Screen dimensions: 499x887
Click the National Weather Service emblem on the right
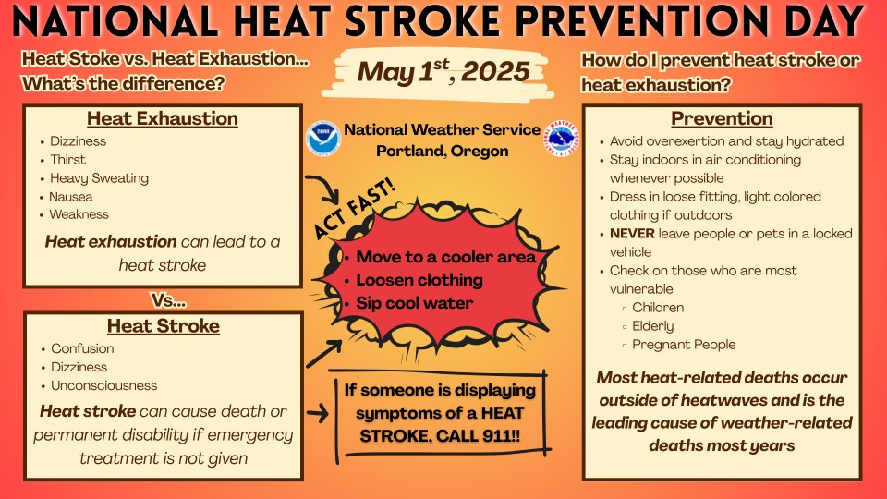pos(561,139)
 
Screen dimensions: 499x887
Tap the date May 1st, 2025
pos(443,71)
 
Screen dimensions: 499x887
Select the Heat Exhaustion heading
pos(163,119)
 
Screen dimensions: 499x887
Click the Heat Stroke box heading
pos(163,326)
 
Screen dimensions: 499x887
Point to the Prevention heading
pos(722,119)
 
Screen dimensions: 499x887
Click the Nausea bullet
pos(71,197)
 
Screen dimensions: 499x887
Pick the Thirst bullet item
pos(67,160)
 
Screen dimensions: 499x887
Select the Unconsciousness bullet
pos(103,385)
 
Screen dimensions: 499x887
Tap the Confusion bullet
pos(82,348)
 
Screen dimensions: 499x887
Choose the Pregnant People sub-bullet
pos(684,345)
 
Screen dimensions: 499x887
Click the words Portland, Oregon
pos(442,151)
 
